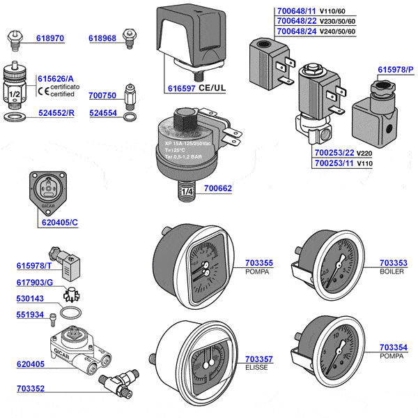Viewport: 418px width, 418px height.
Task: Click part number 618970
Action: (49, 38)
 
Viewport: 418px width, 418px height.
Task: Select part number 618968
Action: (102, 38)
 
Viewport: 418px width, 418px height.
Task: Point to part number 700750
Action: (102, 94)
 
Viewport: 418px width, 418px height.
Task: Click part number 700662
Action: (218, 188)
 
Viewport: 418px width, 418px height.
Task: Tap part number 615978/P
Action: (396, 70)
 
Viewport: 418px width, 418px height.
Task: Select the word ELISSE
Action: (255, 367)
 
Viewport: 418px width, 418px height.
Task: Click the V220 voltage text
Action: (365, 154)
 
